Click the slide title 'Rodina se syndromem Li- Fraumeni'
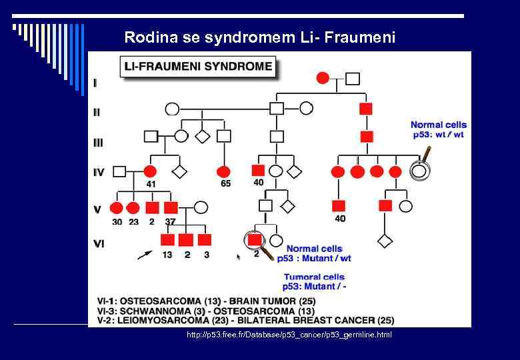pyautogui.click(x=259, y=37)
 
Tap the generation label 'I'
pyautogui.click(x=95, y=83)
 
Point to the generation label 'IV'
pyautogui.click(x=99, y=173)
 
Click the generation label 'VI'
pyautogui.click(x=99, y=243)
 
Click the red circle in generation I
pyautogui.click(x=323, y=79)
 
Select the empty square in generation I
pyautogui.click(x=353, y=79)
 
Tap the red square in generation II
pyautogui.click(x=366, y=108)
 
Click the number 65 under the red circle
pyautogui.click(x=225, y=183)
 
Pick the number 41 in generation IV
pyautogui.click(x=151, y=183)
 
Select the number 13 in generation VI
pyautogui.click(x=167, y=254)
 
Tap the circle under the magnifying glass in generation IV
pyautogui.click(x=419, y=171)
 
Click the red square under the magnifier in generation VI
pyautogui.click(x=254, y=239)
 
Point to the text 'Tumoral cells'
pyautogui.click(x=314, y=277)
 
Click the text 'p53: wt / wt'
pyautogui.click(x=438, y=135)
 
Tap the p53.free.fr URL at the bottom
pyautogui.click(x=289, y=334)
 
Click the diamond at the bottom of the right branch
pyautogui.click(x=385, y=241)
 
